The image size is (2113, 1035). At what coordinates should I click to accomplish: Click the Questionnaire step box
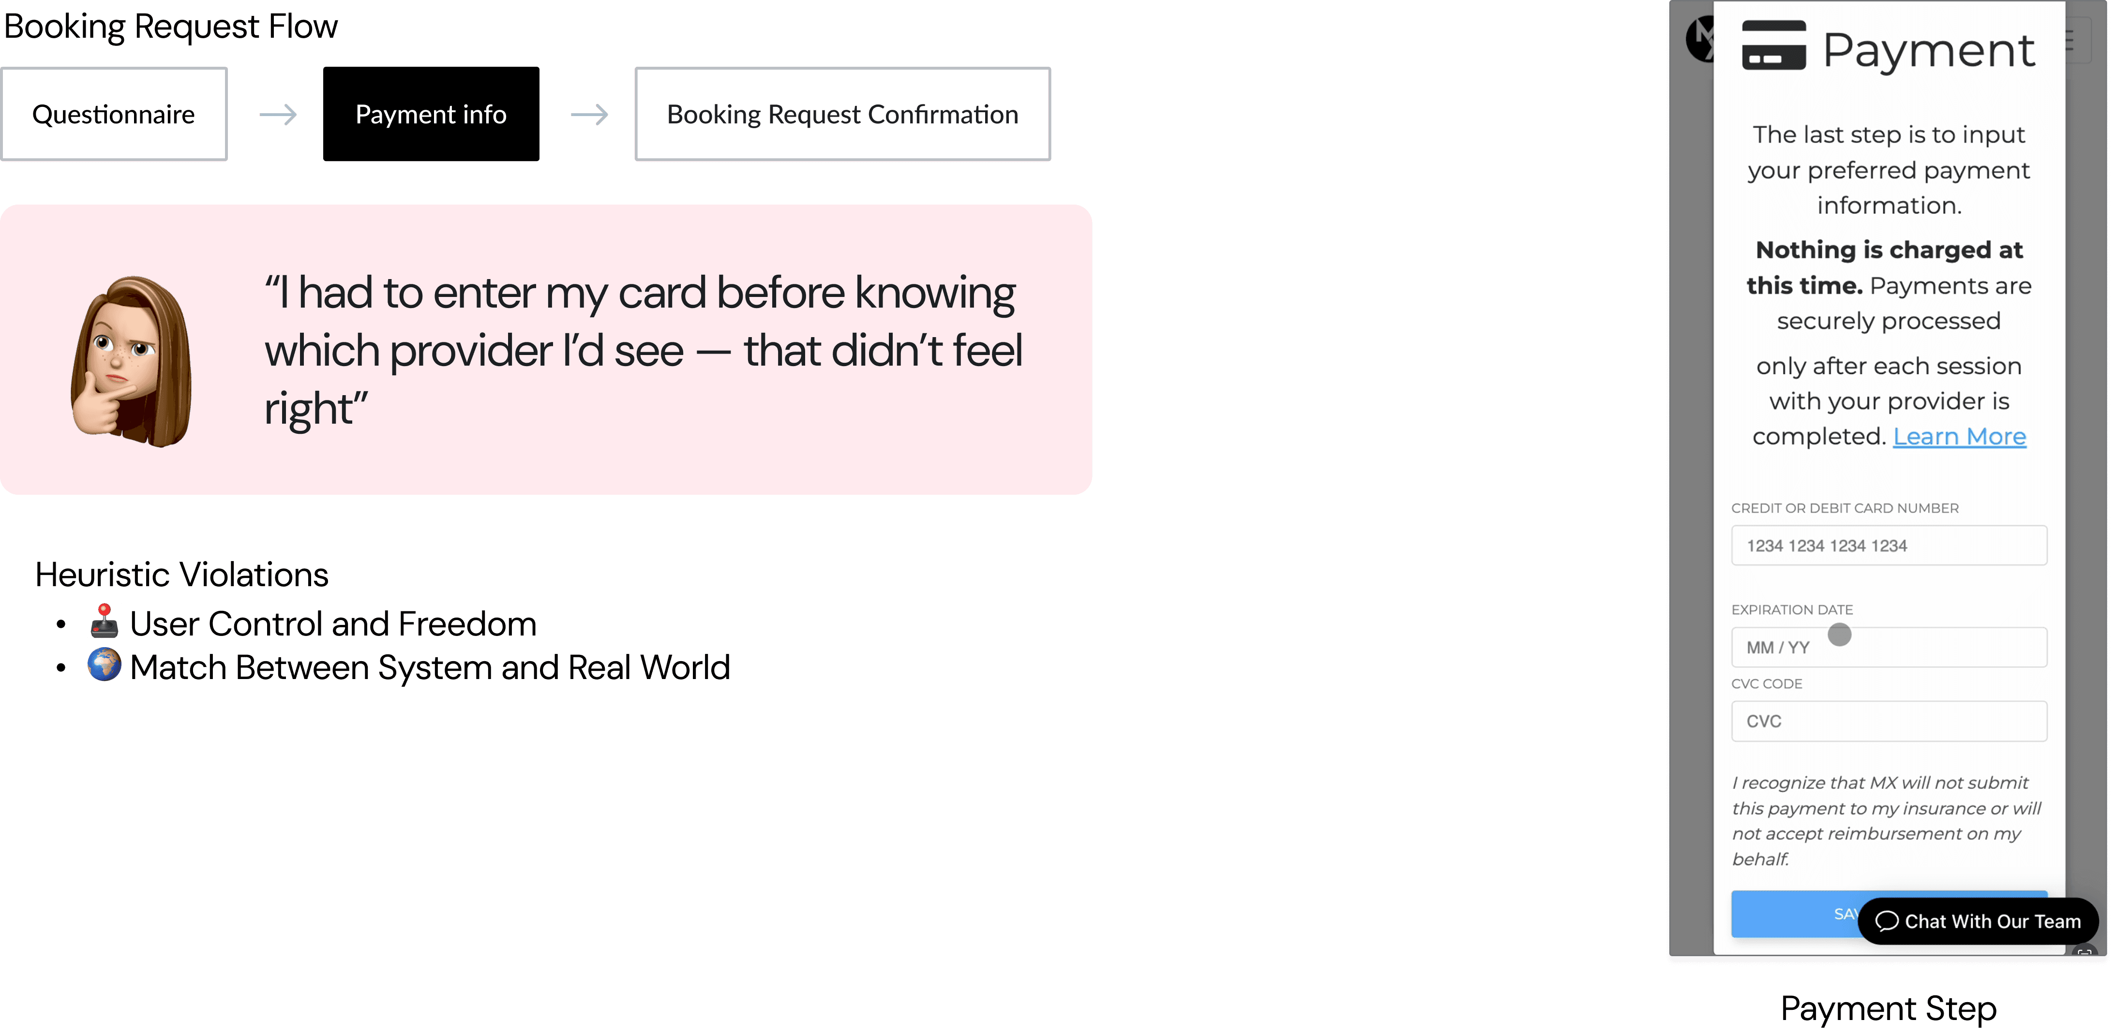[x=114, y=114]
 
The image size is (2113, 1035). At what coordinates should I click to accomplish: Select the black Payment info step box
[x=431, y=114]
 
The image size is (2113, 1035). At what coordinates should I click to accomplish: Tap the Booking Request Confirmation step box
[x=842, y=114]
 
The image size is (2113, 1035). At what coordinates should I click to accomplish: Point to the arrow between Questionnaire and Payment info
[x=277, y=114]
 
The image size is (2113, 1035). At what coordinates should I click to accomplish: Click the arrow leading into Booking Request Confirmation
[x=589, y=114]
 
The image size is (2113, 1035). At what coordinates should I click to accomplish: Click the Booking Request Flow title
[x=171, y=26]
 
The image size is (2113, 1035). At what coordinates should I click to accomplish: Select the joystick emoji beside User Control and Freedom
[x=104, y=621]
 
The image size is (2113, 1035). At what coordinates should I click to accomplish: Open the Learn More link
[x=1959, y=436]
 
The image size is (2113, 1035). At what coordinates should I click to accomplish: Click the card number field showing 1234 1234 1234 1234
[x=1888, y=546]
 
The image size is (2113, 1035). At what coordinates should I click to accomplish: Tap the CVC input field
[x=1888, y=721]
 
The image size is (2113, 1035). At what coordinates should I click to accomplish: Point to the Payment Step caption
[x=1888, y=1008]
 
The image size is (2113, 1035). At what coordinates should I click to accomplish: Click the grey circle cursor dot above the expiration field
[x=1840, y=634]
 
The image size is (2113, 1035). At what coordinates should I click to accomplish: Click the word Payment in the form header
[x=1928, y=51]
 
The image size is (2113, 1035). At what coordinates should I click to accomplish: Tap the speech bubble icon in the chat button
[x=1887, y=921]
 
